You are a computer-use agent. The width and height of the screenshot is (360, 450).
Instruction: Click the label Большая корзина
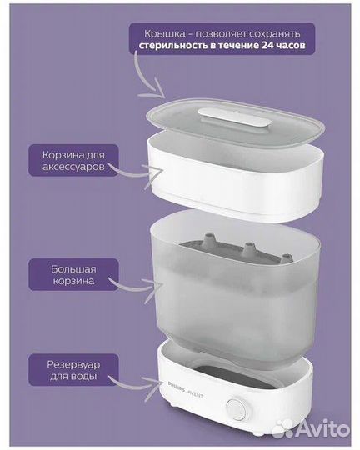[62, 274]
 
